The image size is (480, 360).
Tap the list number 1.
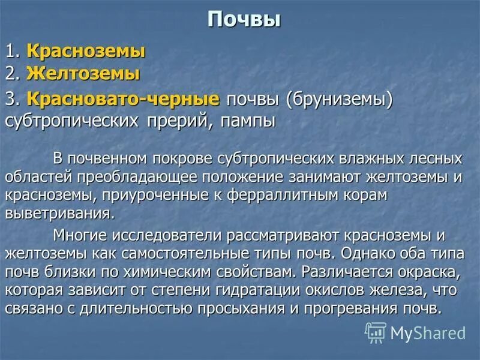pos(11,52)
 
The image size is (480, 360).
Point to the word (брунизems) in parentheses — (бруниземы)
pos(338,99)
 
